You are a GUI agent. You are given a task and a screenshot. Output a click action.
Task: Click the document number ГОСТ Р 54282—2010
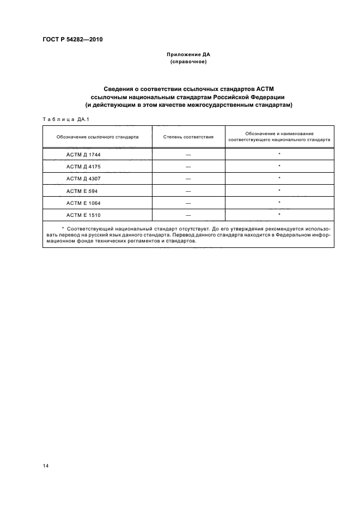point(72,40)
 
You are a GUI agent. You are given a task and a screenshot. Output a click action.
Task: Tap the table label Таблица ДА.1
point(62,119)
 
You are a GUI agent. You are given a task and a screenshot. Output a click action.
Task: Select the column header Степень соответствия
point(188,137)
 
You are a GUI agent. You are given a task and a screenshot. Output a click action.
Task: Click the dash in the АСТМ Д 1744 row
point(188,154)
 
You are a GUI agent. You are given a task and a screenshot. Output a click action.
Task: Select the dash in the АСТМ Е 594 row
point(188,191)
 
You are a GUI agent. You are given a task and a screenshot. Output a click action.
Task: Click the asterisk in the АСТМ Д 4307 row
point(279,178)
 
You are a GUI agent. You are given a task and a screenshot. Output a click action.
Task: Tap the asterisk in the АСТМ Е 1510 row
point(279,215)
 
